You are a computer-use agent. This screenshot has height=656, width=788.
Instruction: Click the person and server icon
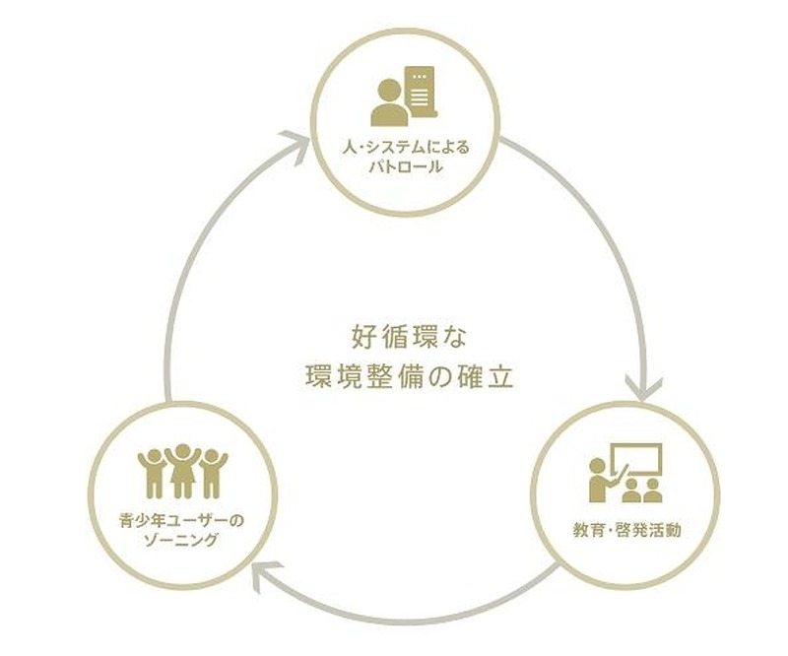coord(404,96)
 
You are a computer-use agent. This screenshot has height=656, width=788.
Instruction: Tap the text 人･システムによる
coord(406,148)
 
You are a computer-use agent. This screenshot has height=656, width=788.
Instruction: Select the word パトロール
coord(406,166)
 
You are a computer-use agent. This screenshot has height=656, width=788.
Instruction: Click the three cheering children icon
coord(182,471)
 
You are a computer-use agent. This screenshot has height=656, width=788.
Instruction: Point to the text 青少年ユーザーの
coord(181,521)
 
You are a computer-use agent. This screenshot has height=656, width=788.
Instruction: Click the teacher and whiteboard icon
coord(625,473)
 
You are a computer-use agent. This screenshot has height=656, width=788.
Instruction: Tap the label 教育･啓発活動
coord(626,530)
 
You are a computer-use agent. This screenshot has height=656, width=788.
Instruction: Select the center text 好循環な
coord(409,337)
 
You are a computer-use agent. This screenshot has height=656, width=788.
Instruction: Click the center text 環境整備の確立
coord(409,376)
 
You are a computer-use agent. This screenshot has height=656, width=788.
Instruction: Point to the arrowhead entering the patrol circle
coord(296,143)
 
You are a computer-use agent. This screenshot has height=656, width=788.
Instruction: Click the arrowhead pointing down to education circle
coord(643,386)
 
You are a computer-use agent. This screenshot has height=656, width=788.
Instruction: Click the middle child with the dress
coord(182,471)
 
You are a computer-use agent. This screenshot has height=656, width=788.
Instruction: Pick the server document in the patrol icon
coord(421,92)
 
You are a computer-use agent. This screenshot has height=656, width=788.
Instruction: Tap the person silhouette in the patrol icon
coord(390,103)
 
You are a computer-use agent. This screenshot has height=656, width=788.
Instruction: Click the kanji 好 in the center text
coord(362,337)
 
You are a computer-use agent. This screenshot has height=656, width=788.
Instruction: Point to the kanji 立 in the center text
coord(501,376)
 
